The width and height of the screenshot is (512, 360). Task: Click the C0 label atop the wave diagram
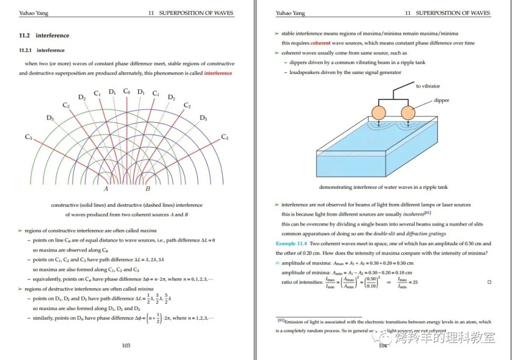[x=127, y=91]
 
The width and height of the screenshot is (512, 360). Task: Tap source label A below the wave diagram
[x=106, y=189]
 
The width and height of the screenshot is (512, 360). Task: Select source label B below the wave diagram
[x=147, y=189]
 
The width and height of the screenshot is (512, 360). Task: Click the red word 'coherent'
[x=320, y=43]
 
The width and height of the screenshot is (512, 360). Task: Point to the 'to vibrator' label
[x=428, y=86]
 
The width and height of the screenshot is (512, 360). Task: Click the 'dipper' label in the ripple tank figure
[x=441, y=101]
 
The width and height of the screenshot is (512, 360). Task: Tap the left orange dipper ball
[x=379, y=113]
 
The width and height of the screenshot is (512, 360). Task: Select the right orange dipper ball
[x=409, y=113]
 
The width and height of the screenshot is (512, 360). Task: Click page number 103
[x=126, y=345]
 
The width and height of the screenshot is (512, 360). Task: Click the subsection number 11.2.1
[x=26, y=50]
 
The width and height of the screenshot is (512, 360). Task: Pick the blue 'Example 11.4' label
[x=292, y=244]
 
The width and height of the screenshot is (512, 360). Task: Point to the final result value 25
[x=415, y=283]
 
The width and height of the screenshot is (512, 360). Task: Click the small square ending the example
[x=489, y=282]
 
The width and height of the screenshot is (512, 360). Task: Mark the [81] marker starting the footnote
[x=281, y=321]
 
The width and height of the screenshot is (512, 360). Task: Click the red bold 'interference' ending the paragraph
[x=218, y=74]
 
